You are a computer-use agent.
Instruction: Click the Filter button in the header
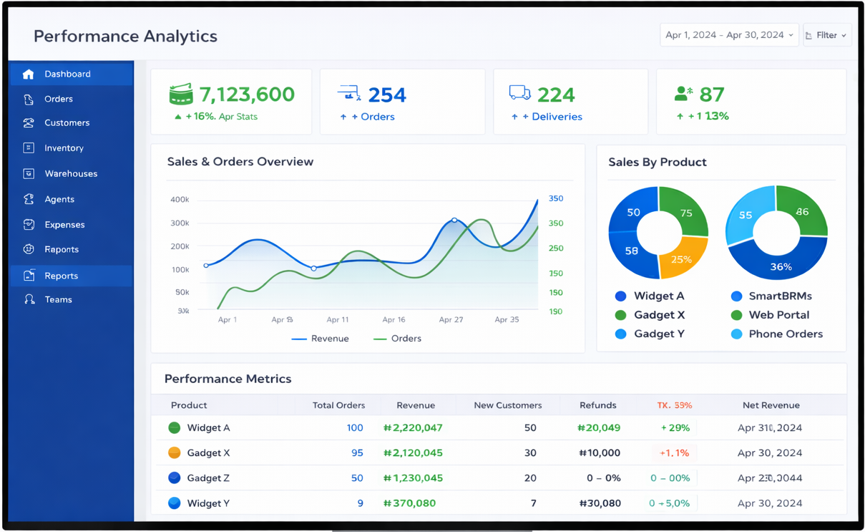(827, 35)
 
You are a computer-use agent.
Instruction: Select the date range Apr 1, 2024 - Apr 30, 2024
(728, 35)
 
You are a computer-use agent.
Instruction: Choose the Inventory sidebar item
(64, 148)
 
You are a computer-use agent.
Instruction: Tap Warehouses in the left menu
(70, 174)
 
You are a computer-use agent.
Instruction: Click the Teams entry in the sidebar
(58, 300)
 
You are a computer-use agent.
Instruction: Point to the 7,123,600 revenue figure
(247, 95)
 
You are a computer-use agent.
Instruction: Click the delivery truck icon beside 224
(519, 93)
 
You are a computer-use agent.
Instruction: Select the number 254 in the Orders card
(387, 95)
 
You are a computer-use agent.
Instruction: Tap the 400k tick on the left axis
(180, 200)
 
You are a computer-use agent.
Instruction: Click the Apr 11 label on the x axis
(338, 320)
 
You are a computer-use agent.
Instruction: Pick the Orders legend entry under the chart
(398, 339)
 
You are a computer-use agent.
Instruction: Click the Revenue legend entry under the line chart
(321, 339)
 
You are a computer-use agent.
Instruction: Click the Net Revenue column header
(771, 405)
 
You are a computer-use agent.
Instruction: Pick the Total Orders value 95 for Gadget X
(357, 453)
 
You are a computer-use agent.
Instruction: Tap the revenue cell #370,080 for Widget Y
(409, 503)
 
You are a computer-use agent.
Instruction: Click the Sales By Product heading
(657, 163)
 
